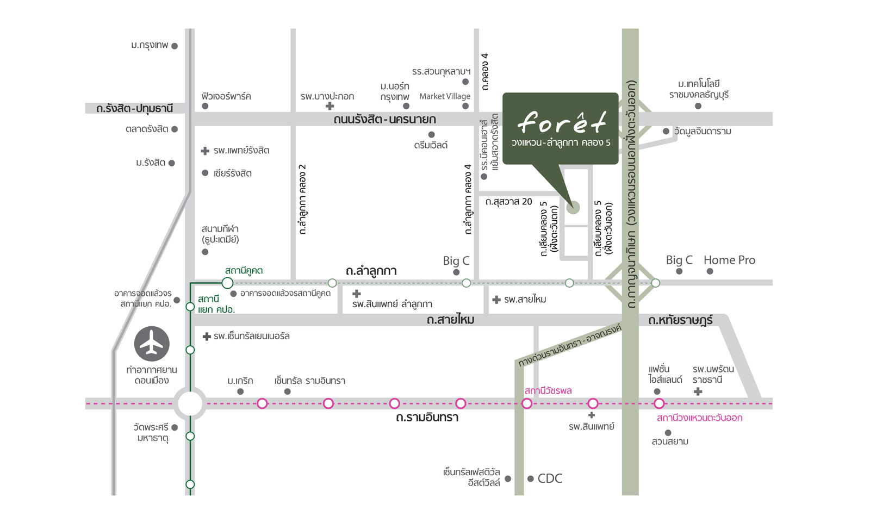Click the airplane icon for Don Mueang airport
click(152, 344)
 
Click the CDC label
click(550, 478)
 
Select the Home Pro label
click(729, 260)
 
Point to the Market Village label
click(445, 96)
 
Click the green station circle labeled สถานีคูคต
click(227, 283)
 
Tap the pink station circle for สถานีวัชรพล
click(527, 403)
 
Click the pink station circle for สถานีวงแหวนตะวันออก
click(658, 403)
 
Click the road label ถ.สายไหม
click(451, 320)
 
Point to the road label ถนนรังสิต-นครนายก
click(384, 119)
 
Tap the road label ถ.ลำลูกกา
click(371, 271)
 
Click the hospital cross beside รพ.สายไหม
click(496, 300)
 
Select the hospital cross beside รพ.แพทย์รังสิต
click(205, 151)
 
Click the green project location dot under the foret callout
click(573, 207)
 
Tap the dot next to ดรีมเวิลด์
click(431, 135)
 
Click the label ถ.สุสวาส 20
click(509, 202)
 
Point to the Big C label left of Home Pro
click(679, 260)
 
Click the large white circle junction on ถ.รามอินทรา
click(190, 403)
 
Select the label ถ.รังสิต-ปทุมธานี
click(134, 108)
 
